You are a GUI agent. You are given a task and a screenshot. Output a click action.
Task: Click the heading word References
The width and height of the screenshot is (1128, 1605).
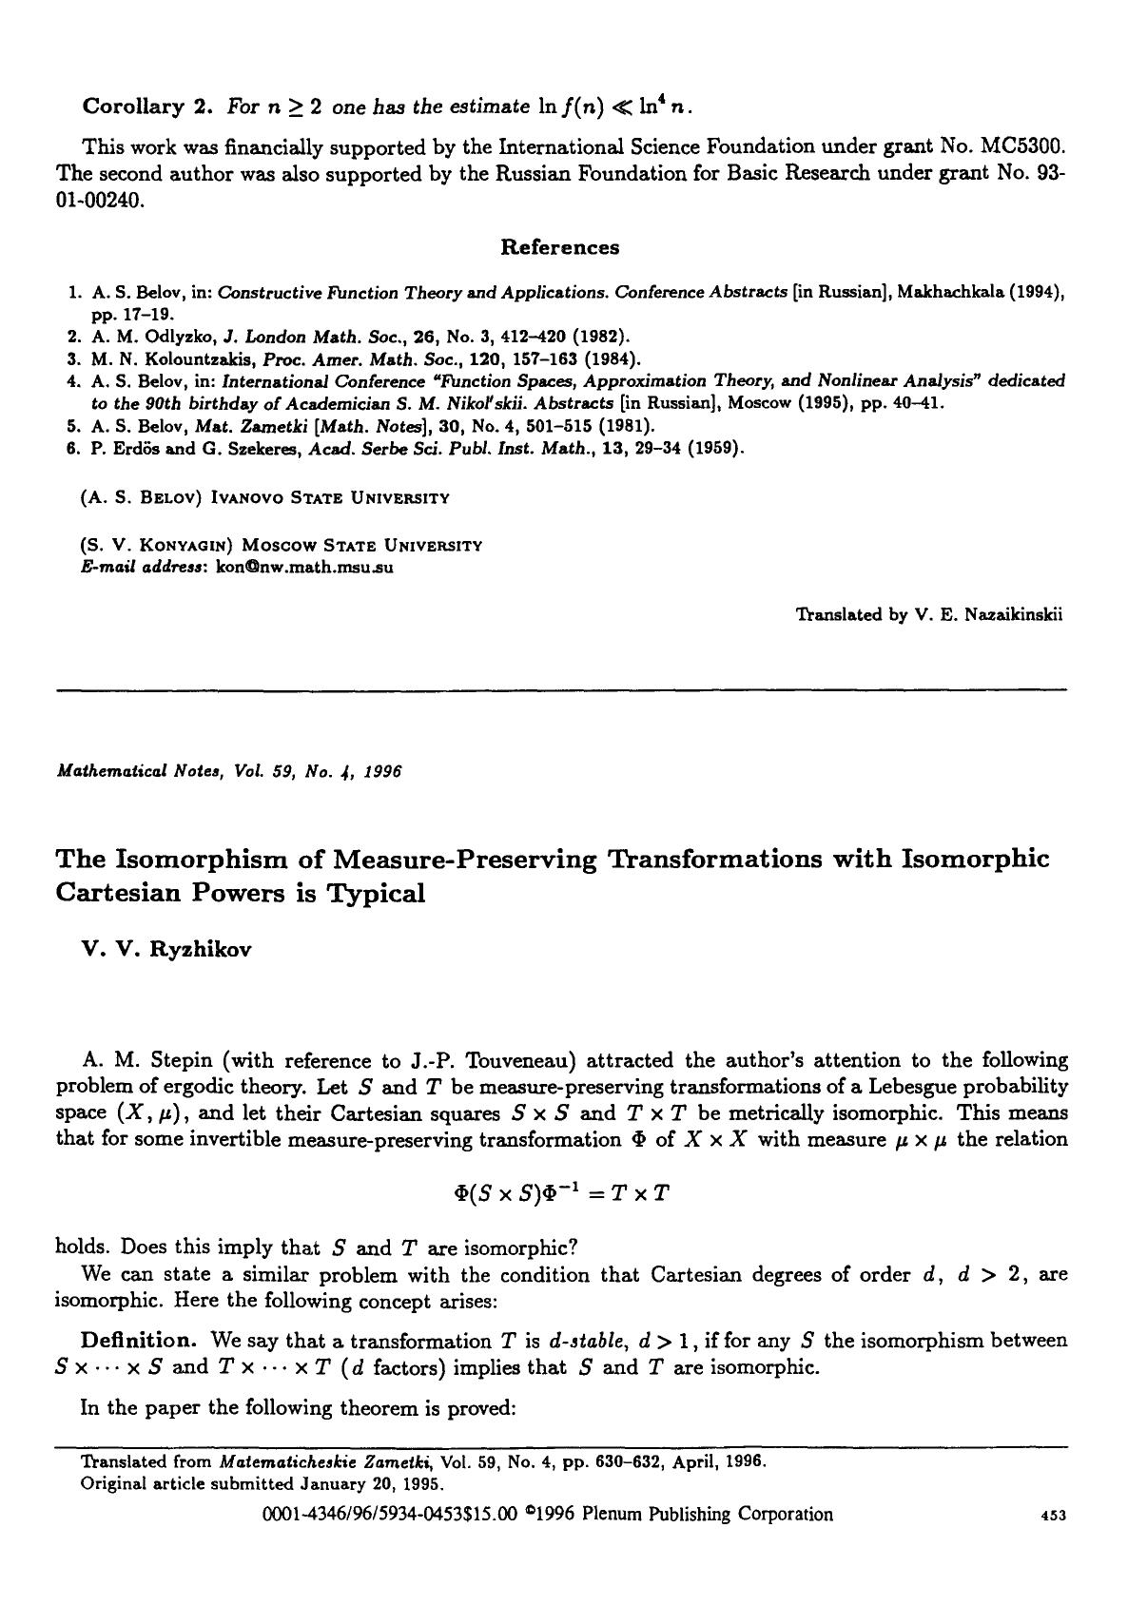(x=559, y=247)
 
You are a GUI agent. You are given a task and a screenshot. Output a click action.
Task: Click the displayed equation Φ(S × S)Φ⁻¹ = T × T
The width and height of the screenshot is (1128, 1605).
(x=562, y=1192)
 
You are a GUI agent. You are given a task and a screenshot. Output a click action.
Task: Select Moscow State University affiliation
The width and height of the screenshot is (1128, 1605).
(x=361, y=546)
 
